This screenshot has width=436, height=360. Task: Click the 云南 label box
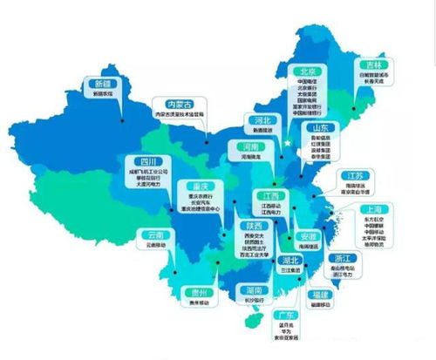point(154,235)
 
